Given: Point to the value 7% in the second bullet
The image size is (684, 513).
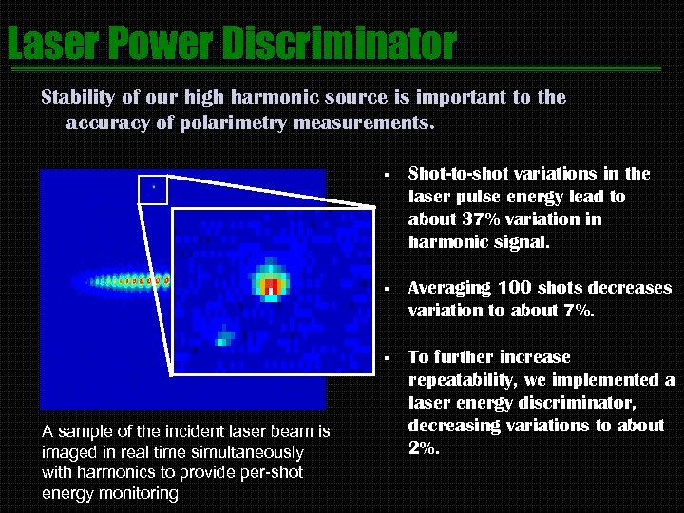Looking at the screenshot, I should click(x=579, y=311).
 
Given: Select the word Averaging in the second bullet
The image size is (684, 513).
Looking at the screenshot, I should click(x=449, y=288).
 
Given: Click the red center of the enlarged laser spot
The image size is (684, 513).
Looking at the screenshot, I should click(x=271, y=285).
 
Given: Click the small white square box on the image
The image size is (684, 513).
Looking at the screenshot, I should click(x=152, y=190).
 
